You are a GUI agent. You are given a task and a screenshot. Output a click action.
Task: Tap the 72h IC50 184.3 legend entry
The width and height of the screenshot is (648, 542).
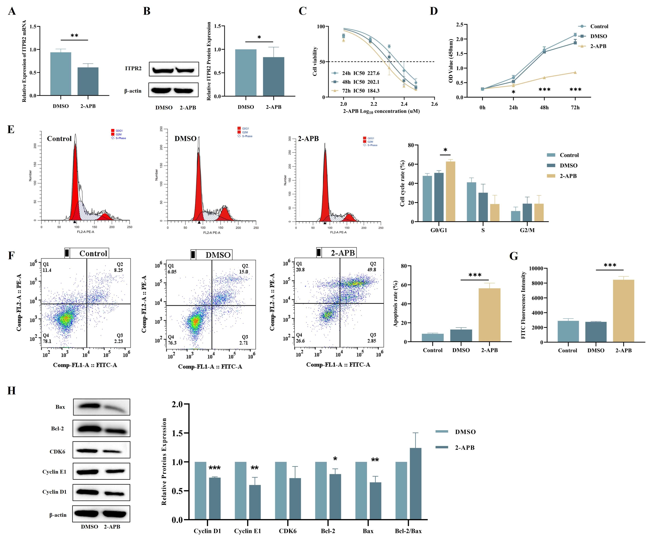(356, 91)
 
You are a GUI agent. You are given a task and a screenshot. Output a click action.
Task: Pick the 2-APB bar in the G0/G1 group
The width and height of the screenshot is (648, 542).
(451, 191)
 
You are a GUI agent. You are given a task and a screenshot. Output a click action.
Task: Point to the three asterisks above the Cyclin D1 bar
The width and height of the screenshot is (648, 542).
(214, 468)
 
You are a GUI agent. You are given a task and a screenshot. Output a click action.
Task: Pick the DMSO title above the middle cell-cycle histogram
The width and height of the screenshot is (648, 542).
(185, 139)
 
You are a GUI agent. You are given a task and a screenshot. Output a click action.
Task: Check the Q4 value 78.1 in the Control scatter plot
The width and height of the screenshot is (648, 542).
(47, 341)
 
